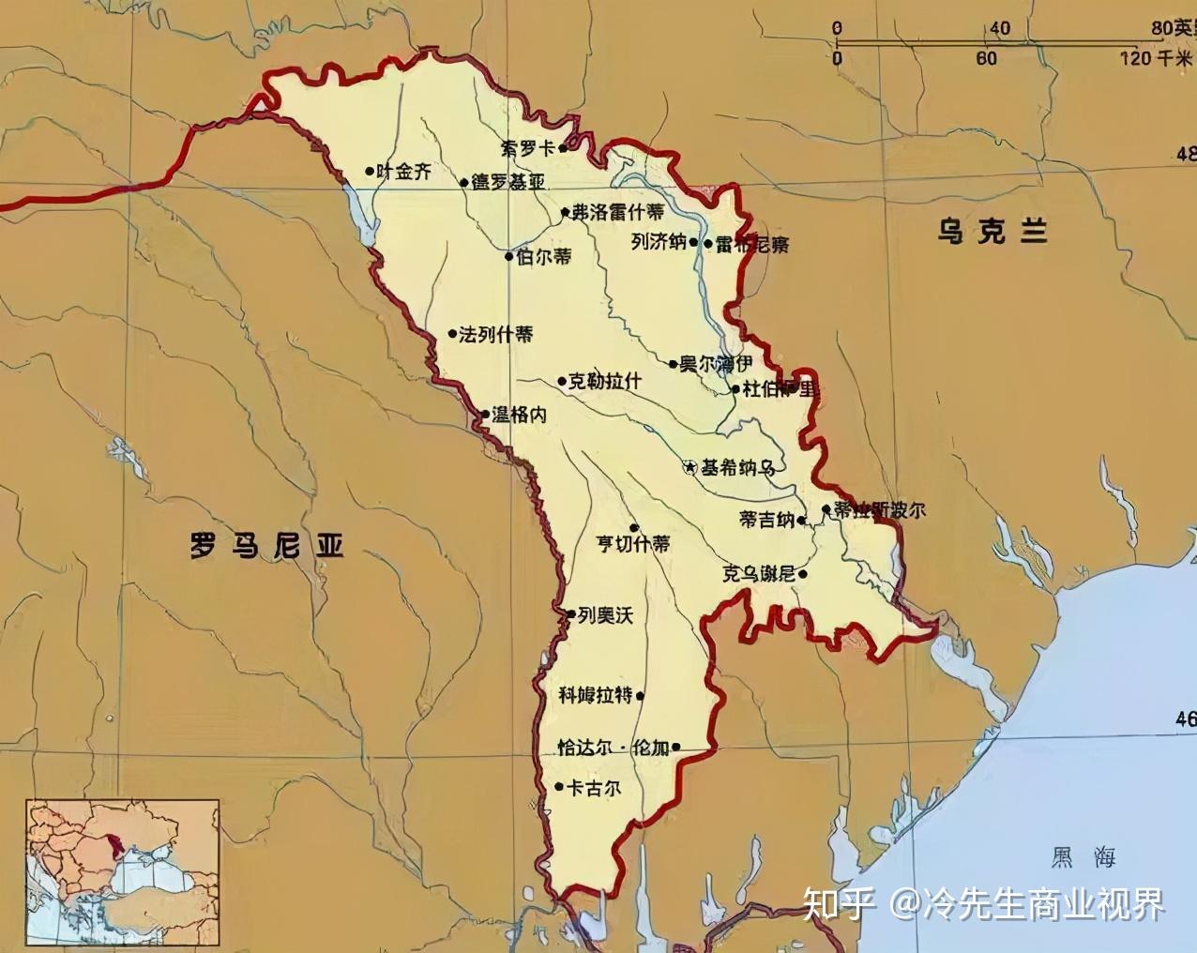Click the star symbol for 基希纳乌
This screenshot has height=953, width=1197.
689,466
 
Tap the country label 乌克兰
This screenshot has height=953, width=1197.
992,231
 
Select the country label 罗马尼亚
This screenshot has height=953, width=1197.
266,545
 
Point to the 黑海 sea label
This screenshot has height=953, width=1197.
1083,855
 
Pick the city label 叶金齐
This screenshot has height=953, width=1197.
404,172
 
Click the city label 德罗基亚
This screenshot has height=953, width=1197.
508,182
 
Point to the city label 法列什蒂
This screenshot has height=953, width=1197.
495,334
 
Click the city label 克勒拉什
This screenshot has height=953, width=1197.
605,381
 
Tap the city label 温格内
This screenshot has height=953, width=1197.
519,414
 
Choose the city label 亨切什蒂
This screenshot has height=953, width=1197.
634,543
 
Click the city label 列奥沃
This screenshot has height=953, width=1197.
605,615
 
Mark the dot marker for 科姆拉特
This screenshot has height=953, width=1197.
641,696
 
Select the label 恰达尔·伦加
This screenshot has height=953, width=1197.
613,748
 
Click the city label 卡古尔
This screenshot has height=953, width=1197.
594,788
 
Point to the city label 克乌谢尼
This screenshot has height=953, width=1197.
758,573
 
